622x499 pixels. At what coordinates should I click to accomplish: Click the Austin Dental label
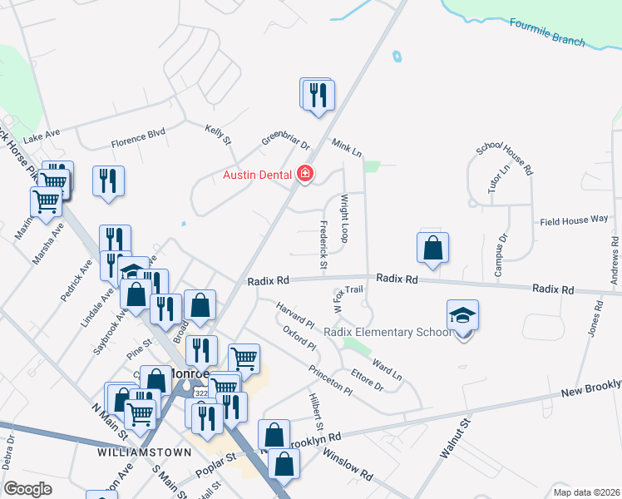coord(256,175)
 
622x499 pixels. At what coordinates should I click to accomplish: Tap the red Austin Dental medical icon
coord(305,174)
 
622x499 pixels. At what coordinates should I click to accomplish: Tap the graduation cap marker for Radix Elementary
coord(463,316)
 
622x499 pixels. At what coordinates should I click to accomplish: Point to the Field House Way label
coord(574,220)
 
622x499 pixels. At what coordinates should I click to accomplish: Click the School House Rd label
coord(504,158)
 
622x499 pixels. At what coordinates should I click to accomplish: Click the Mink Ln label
coord(347,148)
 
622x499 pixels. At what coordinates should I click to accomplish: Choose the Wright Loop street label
coord(343,219)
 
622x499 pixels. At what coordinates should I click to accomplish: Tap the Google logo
coord(27,488)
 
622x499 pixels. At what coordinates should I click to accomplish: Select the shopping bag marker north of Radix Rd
coord(432,248)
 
